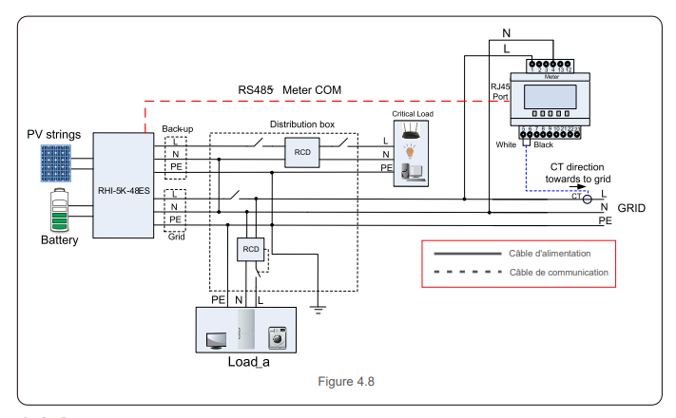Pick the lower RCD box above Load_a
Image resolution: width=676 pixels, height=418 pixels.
point(250,249)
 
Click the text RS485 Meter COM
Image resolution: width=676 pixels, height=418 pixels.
point(297,89)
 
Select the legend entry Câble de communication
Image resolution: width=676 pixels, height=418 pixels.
point(556,273)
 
